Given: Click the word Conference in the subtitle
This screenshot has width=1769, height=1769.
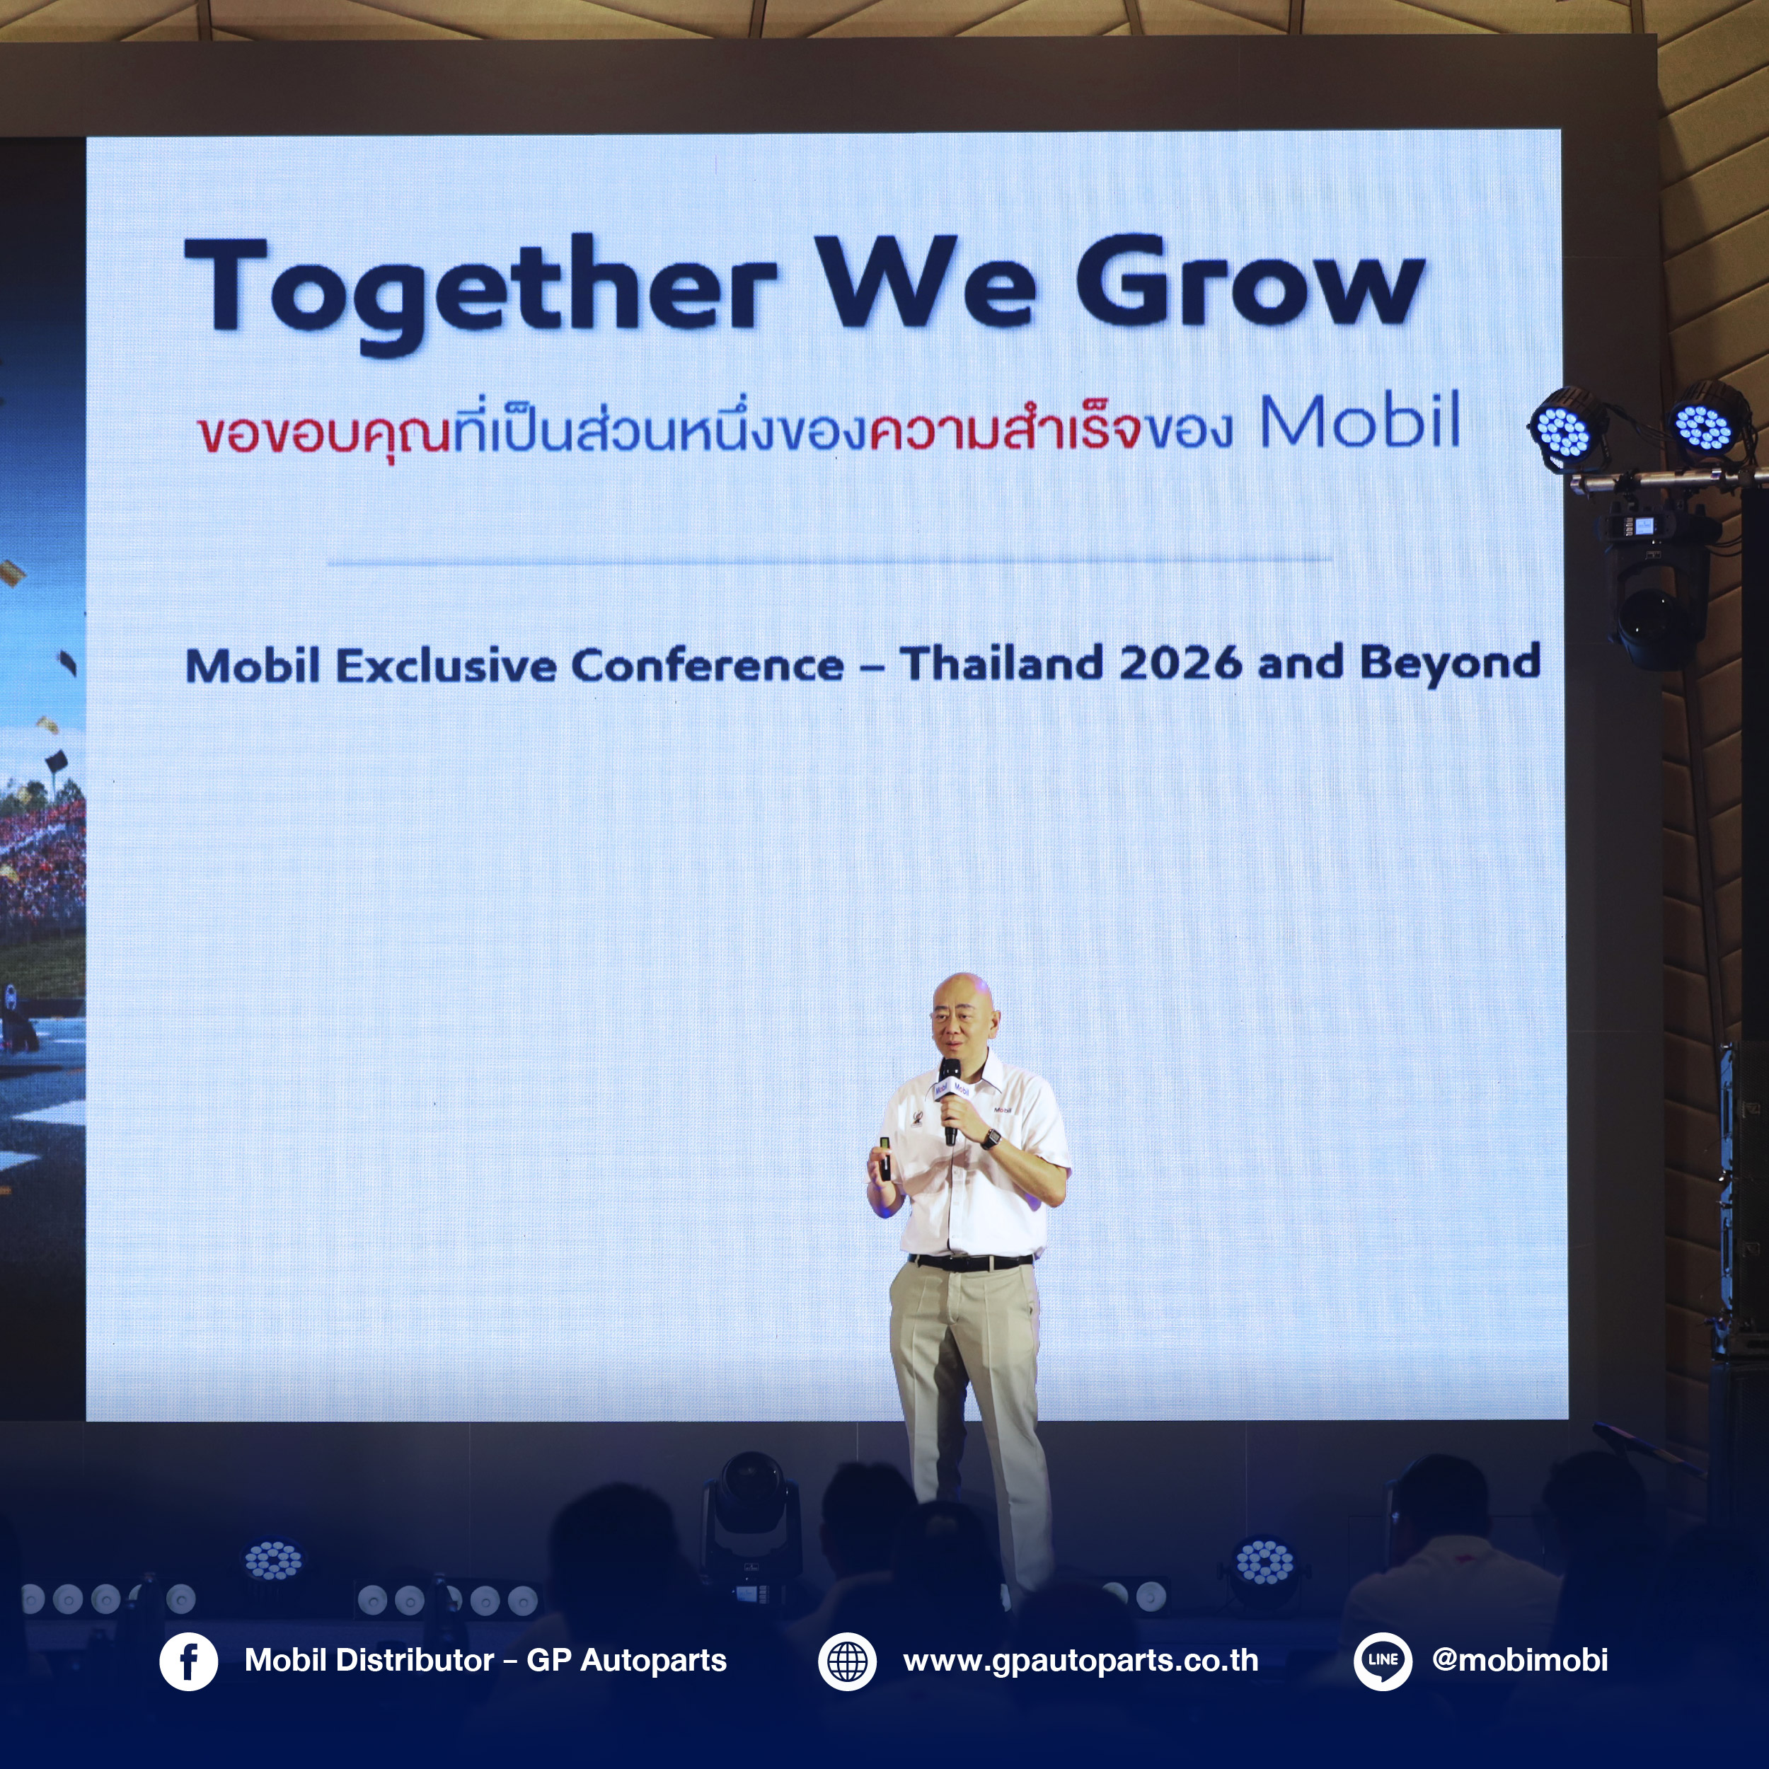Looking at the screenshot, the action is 708,664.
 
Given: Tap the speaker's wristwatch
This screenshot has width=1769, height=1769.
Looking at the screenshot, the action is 991,1138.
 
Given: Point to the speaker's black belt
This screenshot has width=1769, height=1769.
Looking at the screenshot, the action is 971,1262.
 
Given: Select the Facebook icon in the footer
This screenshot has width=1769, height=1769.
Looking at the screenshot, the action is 189,1662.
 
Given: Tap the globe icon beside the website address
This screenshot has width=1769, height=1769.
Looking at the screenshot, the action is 847,1662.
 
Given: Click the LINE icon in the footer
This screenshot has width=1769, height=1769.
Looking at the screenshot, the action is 1383,1662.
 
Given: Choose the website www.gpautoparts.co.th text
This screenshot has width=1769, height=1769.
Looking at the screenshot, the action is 1081,1661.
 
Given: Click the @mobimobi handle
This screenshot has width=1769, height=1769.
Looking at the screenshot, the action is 1520,1660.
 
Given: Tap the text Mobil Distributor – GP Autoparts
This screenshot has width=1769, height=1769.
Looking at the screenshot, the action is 485,1661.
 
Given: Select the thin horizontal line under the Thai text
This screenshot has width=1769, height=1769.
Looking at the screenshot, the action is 829,560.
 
